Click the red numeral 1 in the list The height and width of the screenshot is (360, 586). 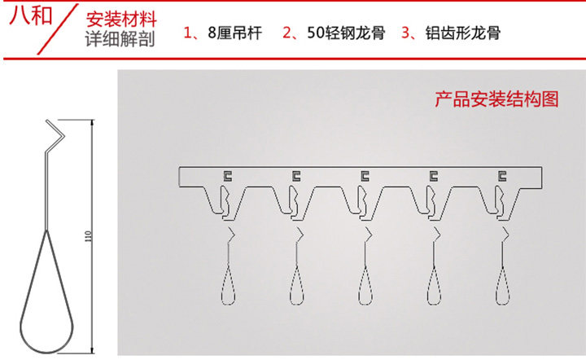[x=188, y=33]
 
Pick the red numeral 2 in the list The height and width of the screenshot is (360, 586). [x=287, y=33]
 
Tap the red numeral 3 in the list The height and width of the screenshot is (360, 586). [x=405, y=33]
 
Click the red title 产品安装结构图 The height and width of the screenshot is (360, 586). [x=496, y=100]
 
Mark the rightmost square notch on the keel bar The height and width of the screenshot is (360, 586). [x=503, y=173]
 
